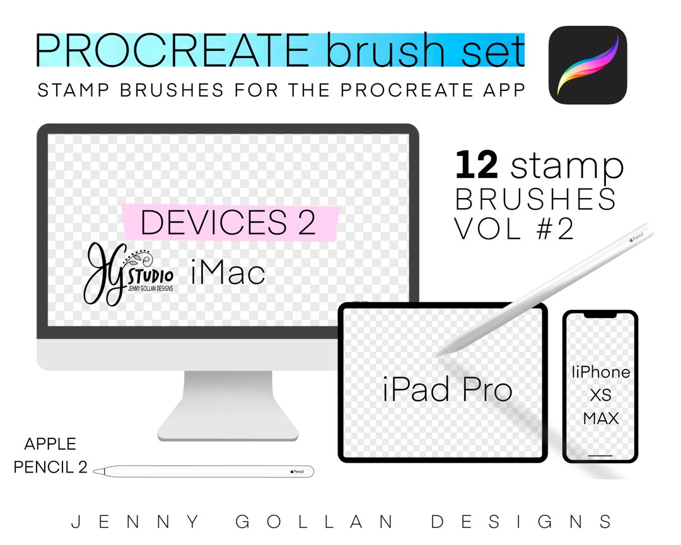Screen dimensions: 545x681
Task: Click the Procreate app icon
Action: (588, 64)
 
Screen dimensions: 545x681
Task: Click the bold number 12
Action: (477, 165)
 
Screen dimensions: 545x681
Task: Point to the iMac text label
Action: (227, 273)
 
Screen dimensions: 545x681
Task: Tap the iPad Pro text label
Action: (447, 390)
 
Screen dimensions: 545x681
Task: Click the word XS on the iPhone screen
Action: (600, 395)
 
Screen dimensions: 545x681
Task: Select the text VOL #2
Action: (514, 229)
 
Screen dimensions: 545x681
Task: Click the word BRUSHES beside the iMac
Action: (535, 199)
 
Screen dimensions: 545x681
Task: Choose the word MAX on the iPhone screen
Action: (600, 418)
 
